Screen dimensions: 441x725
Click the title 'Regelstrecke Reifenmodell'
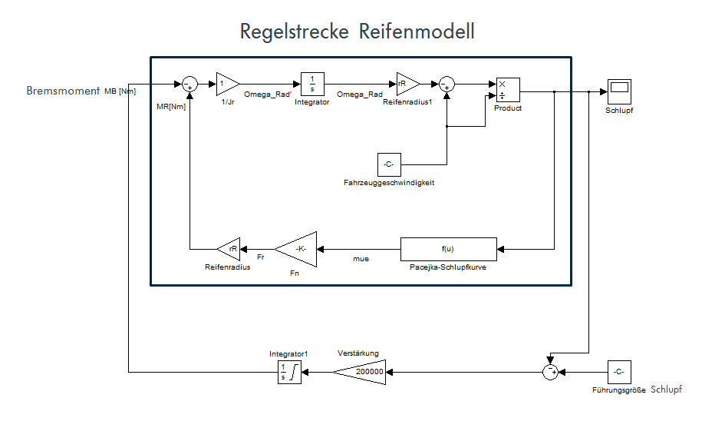point(357,31)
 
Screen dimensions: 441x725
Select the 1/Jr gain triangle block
point(226,83)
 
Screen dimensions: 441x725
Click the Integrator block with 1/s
point(311,84)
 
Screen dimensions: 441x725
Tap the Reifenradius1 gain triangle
point(406,83)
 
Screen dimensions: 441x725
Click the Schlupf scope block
point(618,91)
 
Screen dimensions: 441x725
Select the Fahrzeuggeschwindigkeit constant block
point(389,164)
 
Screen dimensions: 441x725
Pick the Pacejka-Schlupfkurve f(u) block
point(448,248)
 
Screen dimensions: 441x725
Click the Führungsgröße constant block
point(618,372)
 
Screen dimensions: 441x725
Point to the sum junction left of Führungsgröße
point(550,372)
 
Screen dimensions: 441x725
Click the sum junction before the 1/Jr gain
point(189,84)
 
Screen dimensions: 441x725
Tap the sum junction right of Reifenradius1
point(447,84)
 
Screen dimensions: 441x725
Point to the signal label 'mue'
point(361,259)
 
